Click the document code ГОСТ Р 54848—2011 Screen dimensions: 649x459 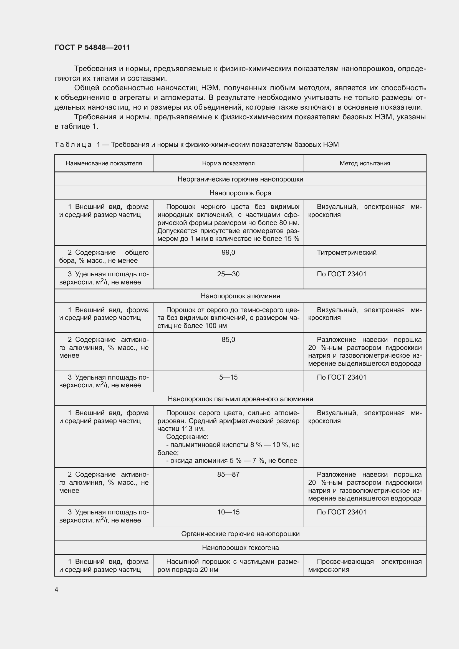pos(92,47)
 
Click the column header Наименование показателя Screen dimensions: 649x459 pos(104,163)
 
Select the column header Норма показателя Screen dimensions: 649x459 pos(228,163)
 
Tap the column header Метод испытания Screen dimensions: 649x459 pos(365,163)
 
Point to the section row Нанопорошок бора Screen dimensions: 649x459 pos(240,193)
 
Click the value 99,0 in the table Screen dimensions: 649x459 pos(228,252)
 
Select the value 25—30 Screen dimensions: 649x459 pos(228,274)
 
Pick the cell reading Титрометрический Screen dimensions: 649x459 pos(347,252)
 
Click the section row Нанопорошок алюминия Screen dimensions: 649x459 pos(240,296)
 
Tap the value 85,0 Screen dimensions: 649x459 pos(228,339)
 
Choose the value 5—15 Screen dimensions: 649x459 pos(228,377)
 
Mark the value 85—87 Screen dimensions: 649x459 pos(228,474)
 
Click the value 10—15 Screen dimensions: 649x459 pos(228,512)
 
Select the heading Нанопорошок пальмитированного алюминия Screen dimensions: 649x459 pos(240,399)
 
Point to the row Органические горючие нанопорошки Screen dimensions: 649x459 pos(240,534)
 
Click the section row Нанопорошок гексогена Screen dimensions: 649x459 pos(240,547)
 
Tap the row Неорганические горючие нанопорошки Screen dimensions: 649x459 pos(240,179)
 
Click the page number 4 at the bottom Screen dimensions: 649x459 pos(56,589)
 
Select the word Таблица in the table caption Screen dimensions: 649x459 pos(73,145)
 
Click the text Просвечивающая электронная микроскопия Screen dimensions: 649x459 pos(365,565)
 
